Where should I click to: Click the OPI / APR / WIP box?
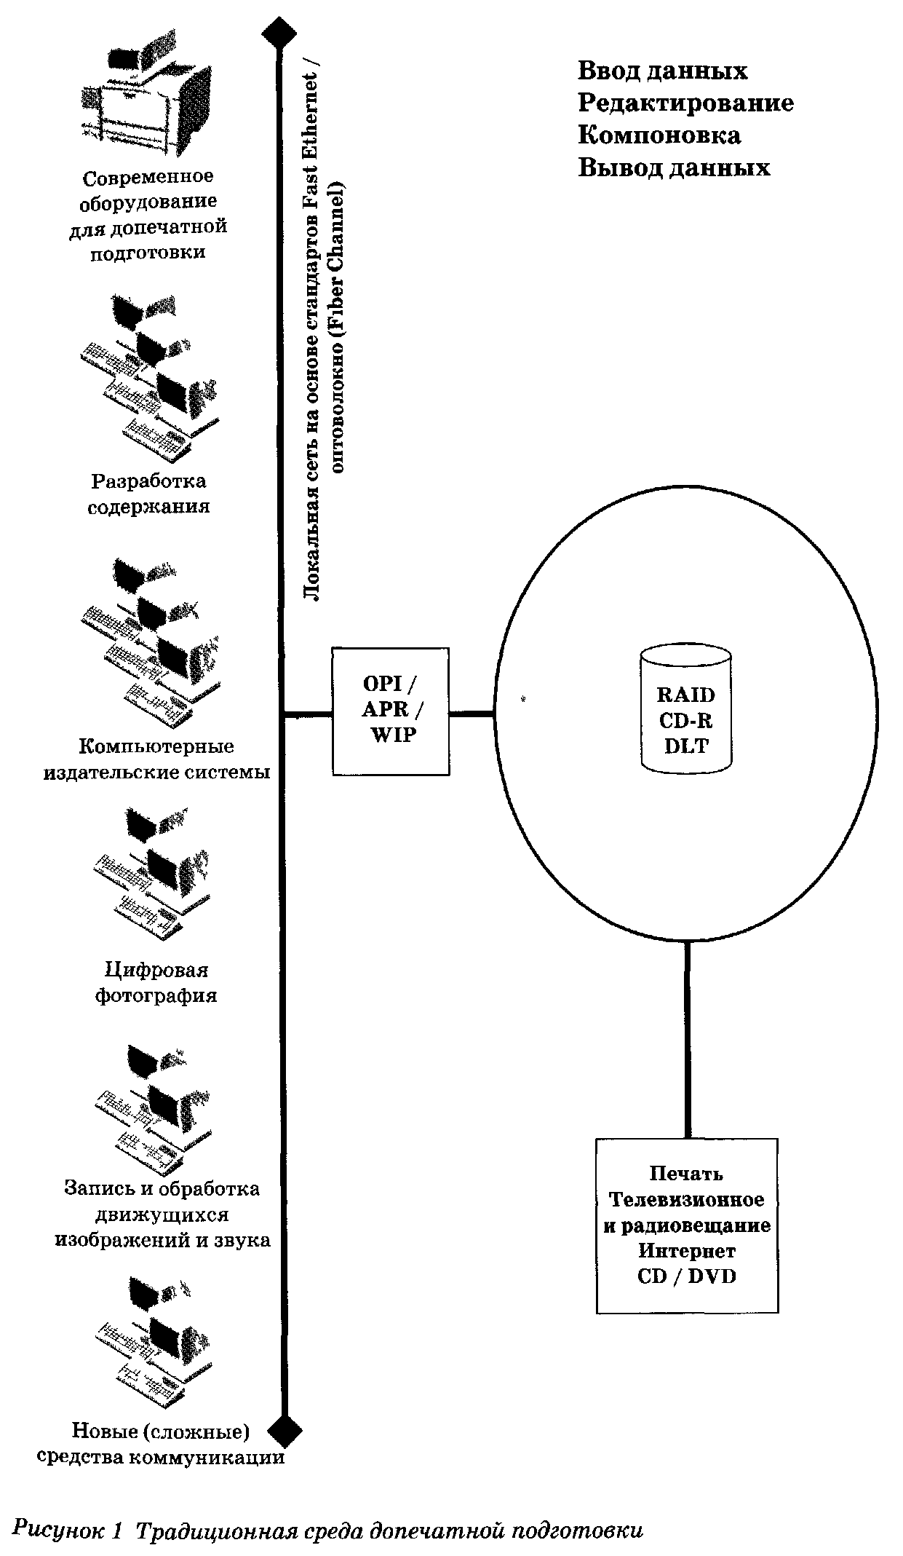[390, 711]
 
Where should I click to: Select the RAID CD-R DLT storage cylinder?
[686, 708]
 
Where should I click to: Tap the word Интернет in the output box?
[687, 1251]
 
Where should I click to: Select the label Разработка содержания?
[148, 494]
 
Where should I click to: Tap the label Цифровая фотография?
[156, 982]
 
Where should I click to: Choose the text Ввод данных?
[662, 71]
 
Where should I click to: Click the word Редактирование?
[685, 103]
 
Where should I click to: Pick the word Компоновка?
[659, 135]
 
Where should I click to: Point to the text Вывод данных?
[674, 167]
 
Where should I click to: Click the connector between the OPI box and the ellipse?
[472, 714]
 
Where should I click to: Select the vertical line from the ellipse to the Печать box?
[687, 1039]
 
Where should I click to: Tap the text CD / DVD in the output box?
[687, 1276]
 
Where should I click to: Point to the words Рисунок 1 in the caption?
[67, 1529]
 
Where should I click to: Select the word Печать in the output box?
[687, 1174]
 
